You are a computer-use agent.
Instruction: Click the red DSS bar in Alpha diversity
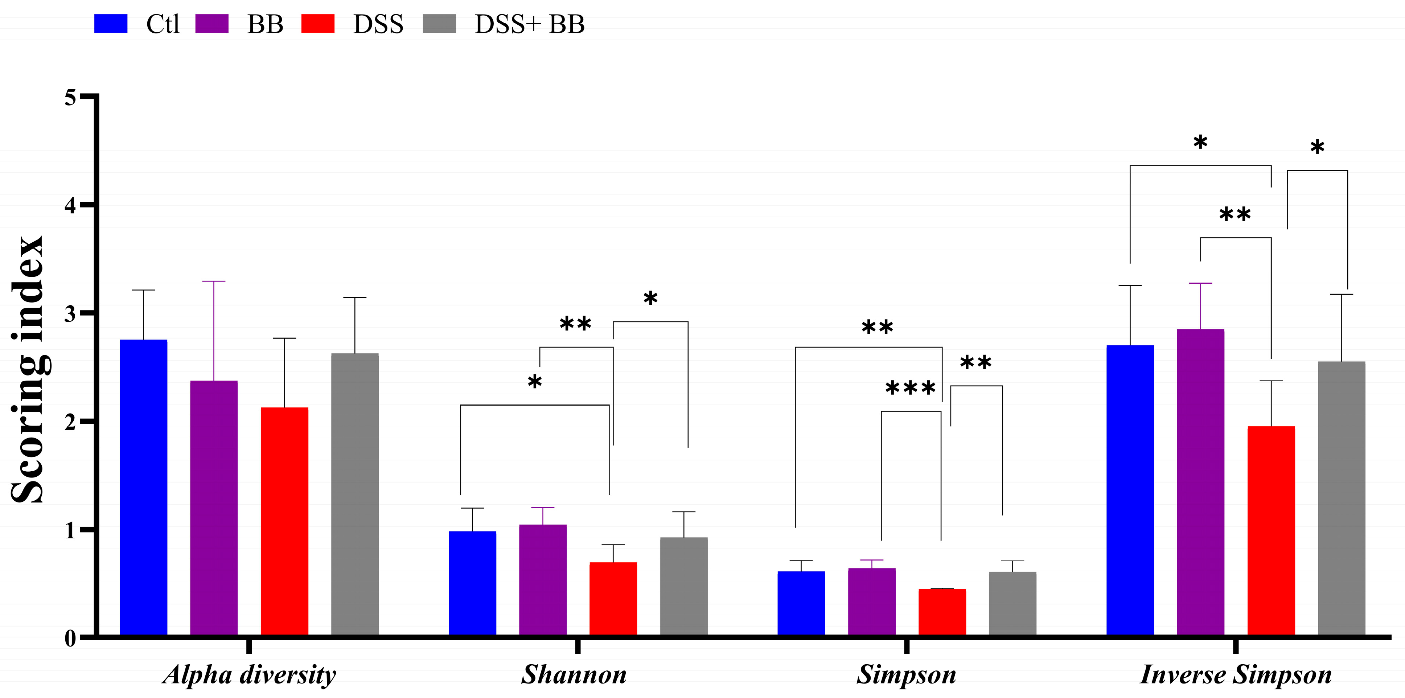coord(284,521)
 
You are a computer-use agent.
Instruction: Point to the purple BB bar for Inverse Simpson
coord(1200,482)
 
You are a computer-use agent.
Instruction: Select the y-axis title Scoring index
coord(27,369)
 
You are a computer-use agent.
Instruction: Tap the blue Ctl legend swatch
coord(111,24)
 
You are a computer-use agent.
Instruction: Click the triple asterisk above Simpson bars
coord(910,388)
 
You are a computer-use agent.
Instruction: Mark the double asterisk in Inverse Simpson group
coord(1235,215)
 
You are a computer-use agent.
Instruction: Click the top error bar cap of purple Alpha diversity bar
coord(214,282)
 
